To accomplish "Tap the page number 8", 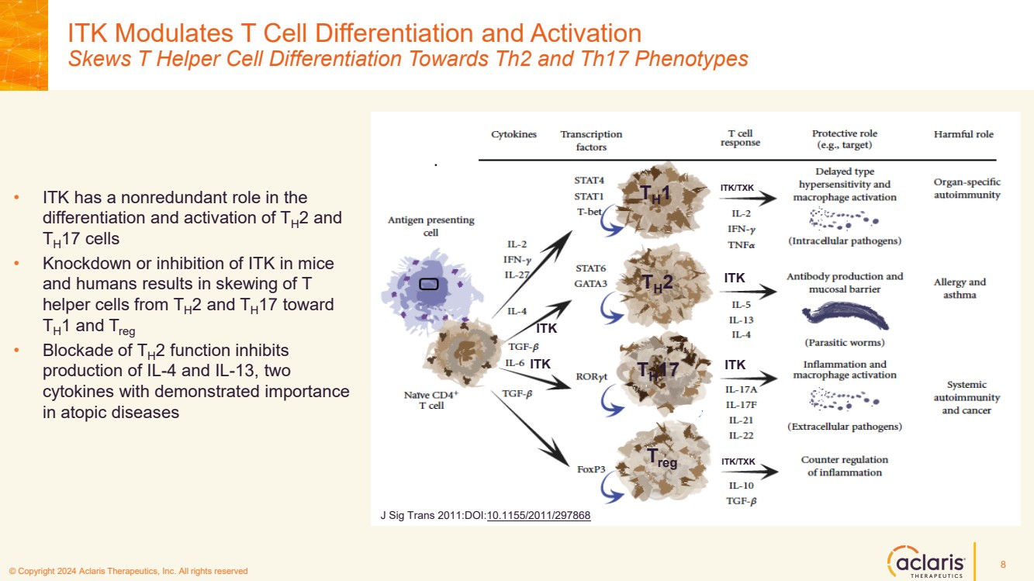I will tap(1003, 563).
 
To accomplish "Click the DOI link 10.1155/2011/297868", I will tap(538, 515).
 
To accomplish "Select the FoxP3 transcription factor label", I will tap(591, 469).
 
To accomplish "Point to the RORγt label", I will tap(591, 378).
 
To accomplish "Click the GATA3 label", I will tap(591, 283).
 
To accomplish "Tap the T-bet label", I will tap(590, 211).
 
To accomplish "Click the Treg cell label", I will tap(662, 458).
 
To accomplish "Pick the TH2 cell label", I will tap(656, 284).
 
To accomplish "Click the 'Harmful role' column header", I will tap(963, 134).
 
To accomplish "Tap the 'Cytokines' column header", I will tap(514, 134).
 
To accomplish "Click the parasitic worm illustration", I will tap(846, 316).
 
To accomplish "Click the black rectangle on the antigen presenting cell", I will tap(429, 284).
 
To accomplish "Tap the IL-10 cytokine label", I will tap(741, 486).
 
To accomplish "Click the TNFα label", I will tap(742, 244).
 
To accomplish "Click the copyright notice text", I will tap(128, 572).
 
